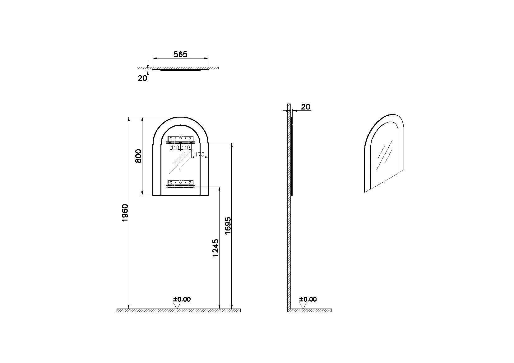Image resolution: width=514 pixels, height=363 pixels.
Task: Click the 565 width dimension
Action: coord(180,54)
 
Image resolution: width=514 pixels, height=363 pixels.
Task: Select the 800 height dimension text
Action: coord(138,156)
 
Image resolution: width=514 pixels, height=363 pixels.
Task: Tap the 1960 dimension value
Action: coord(125,213)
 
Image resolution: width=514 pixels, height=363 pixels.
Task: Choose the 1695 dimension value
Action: coord(228,226)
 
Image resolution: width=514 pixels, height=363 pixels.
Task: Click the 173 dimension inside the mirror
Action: coord(200,155)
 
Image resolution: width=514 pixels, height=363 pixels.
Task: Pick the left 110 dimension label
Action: coord(175,147)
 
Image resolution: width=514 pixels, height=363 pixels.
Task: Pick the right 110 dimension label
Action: coord(186,147)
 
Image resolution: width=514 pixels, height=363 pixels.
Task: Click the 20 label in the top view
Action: coord(142,78)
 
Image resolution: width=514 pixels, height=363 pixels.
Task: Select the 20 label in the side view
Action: coord(305,107)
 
